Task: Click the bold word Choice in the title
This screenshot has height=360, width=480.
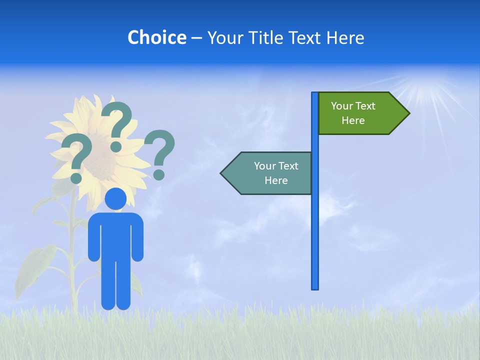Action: (156, 37)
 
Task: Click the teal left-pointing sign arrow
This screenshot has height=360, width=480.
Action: (267, 173)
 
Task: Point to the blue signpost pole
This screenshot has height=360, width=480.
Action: (314, 225)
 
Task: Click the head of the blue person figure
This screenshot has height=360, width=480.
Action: (116, 198)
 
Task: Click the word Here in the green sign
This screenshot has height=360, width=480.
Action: (353, 120)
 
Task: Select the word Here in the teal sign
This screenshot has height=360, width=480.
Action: (276, 180)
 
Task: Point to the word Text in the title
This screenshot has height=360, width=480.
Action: (304, 37)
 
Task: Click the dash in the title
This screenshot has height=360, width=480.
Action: (196, 38)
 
